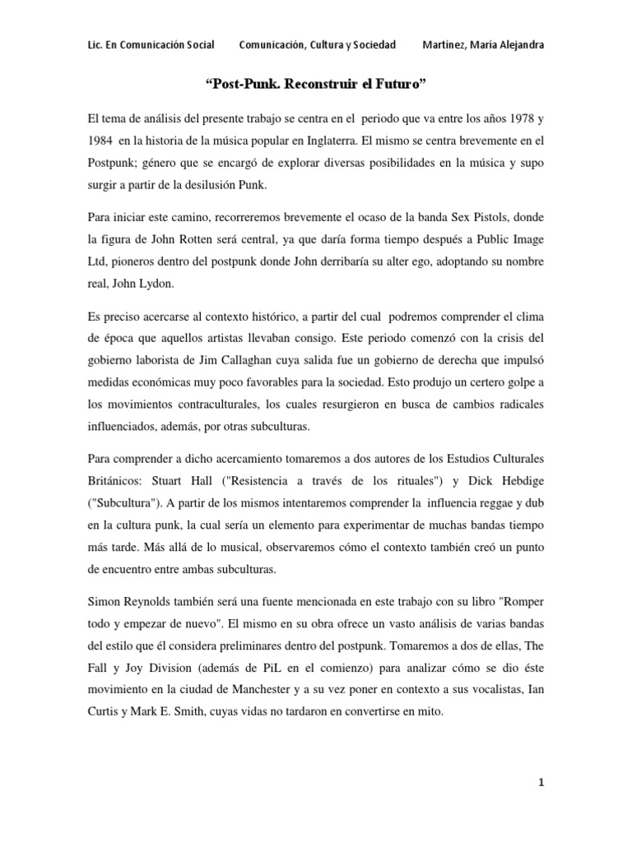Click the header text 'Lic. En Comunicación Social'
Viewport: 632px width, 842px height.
tap(151, 44)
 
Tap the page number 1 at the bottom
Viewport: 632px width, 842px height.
tap(541, 784)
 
